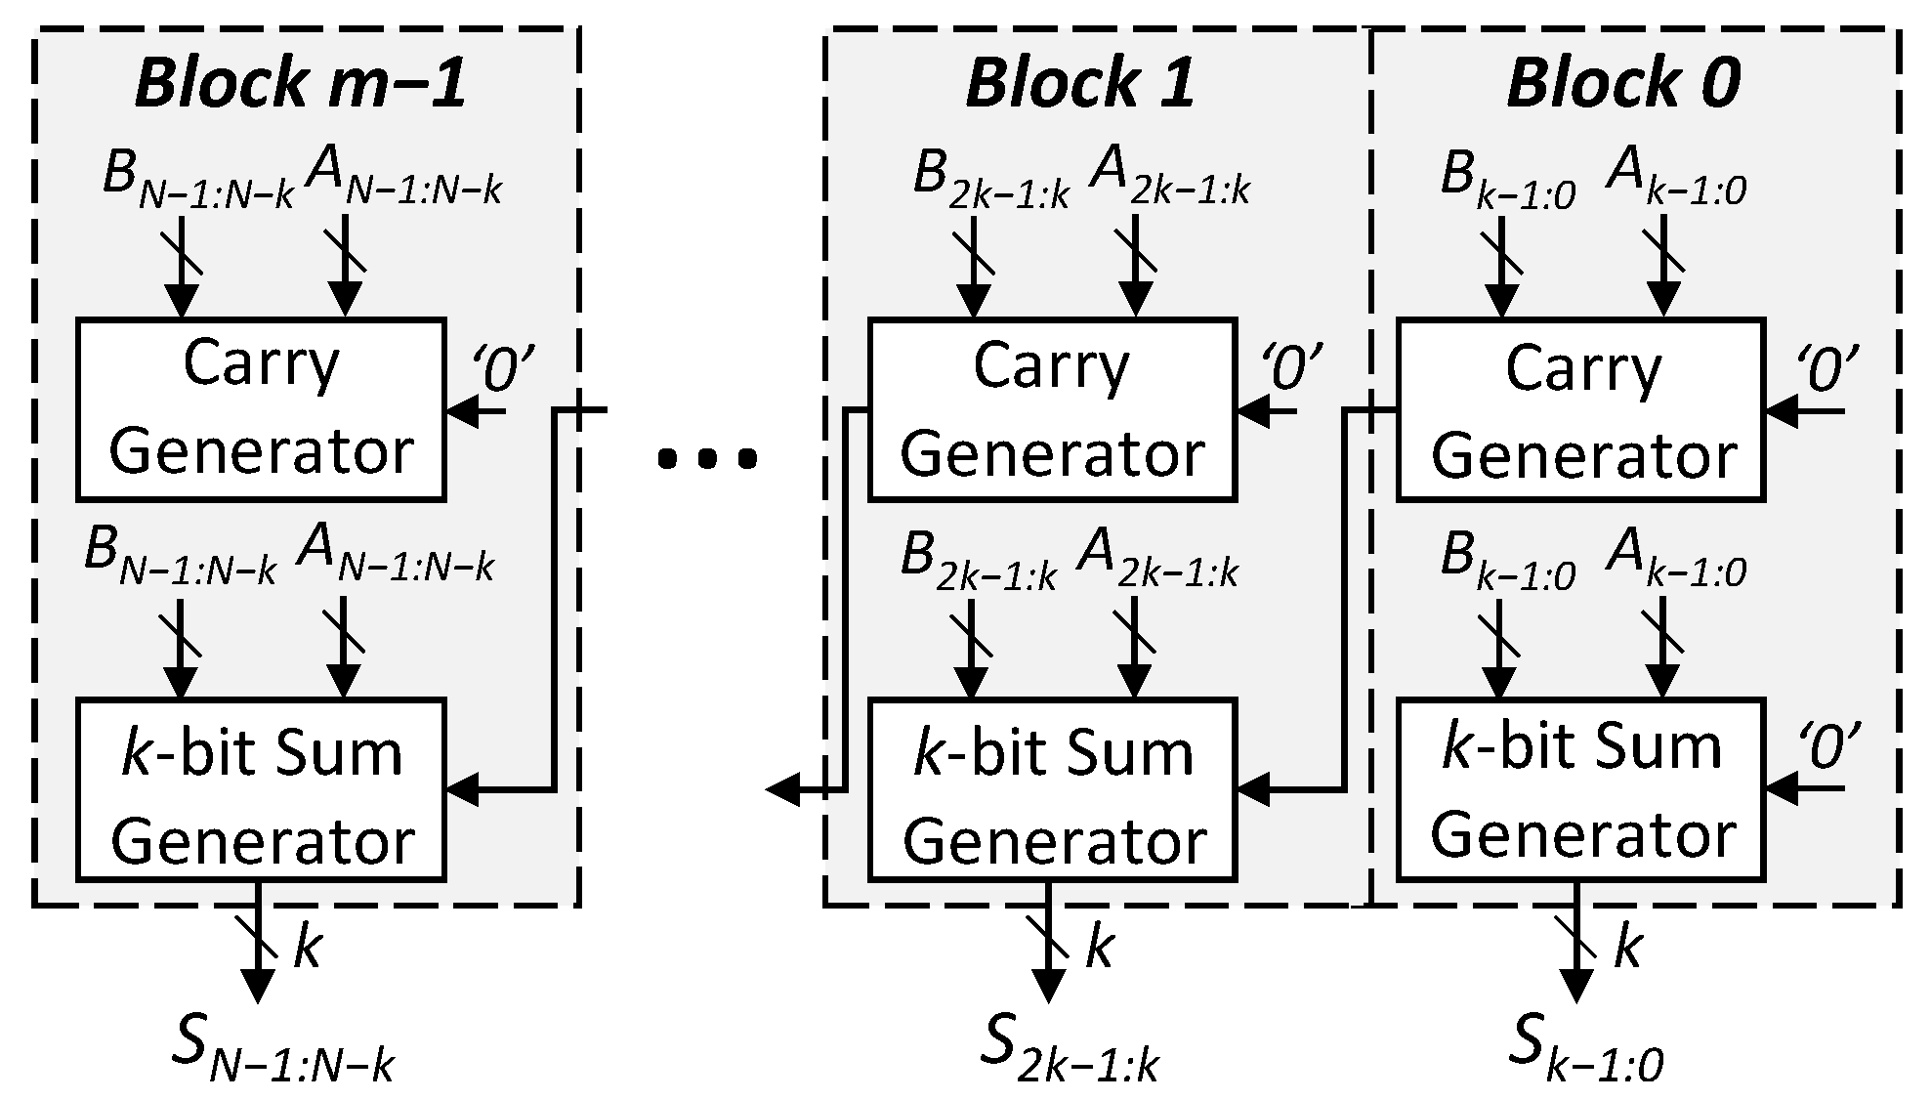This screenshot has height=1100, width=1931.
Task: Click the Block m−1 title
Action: (x=301, y=82)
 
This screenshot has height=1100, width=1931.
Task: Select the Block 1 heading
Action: (x=1080, y=82)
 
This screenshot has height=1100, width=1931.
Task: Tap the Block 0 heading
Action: (x=1623, y=82)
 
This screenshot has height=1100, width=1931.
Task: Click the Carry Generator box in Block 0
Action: (x=1580, y=410)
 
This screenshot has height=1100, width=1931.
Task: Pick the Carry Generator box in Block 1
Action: (x=1052, y=410)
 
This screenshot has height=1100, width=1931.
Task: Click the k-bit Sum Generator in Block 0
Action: (x=1580, y=789)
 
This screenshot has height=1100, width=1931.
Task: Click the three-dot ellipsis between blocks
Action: (x=706, y=457)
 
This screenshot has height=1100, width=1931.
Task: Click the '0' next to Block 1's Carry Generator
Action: (x=1292, y=368)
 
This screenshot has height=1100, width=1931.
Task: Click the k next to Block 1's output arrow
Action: (x=1100, y=946)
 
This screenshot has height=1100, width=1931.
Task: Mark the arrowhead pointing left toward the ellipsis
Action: (x=781, y=789)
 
